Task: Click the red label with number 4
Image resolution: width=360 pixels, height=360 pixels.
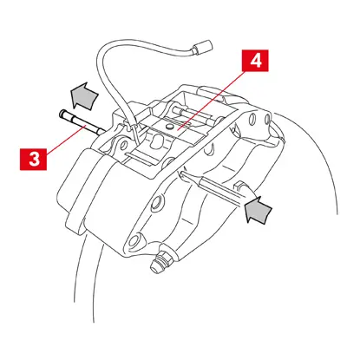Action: pos(253,62)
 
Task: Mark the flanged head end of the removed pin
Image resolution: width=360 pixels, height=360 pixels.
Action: pos(62,114)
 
